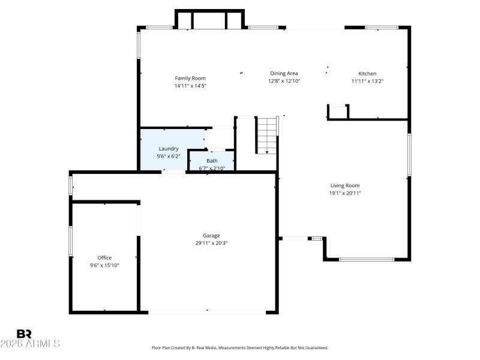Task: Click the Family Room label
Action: [x=190, y=78]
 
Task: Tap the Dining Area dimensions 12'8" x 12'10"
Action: [x=284, y=80]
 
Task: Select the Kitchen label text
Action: [x=367, y=73]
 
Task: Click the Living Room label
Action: [x=345, y=185]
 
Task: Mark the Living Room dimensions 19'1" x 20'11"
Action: [x=345, y=193]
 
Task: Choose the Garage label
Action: [x=211, y=236]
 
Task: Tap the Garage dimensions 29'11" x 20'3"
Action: [x=211, y=243]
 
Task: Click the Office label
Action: [x=104, y=257]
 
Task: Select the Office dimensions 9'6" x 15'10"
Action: [x=104, y=265]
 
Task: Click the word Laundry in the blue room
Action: [x=169, y=148]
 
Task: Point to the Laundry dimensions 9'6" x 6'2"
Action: [x=169, y=156]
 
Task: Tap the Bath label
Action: [x=212, y=161]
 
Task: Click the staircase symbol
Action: [x=266, y=135]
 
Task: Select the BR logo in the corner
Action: [x=24, y=334]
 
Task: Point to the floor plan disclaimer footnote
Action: [x=240, y=347]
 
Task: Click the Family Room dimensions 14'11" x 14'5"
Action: [x=190, y=85]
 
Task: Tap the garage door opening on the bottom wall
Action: [x=207, y=311]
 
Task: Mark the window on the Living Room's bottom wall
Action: [x=367, y=259]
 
